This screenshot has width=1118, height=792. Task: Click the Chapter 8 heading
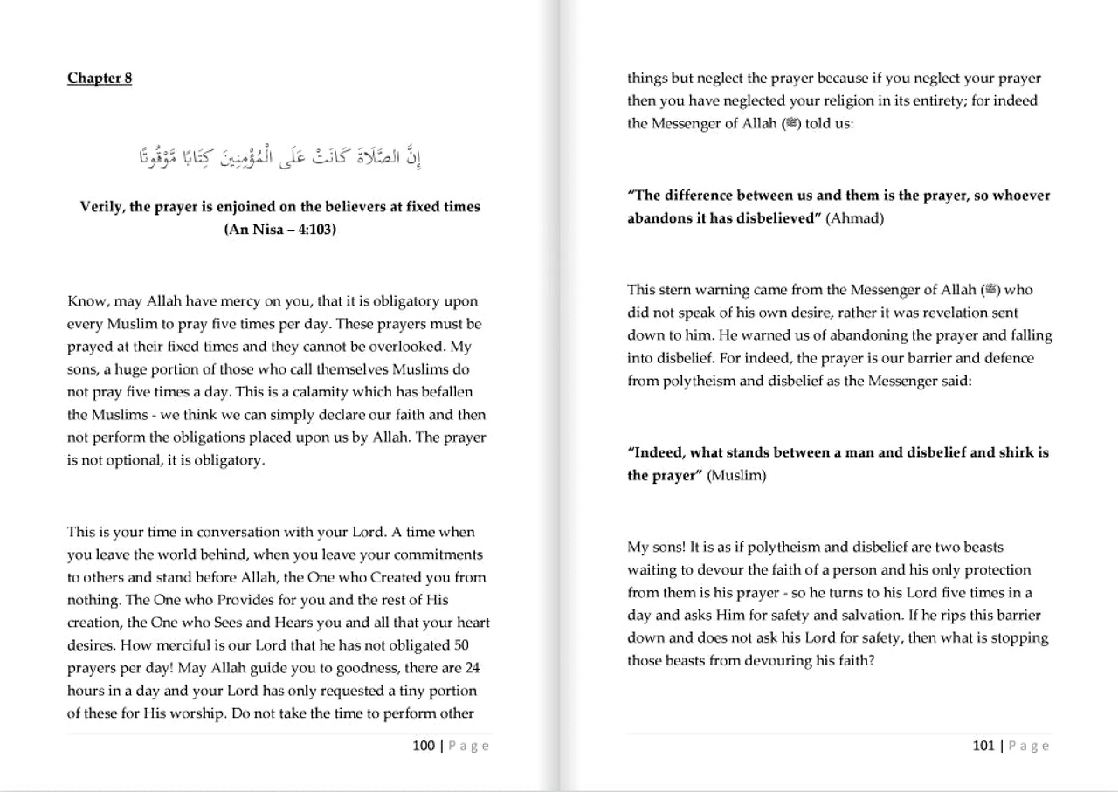click(100, 78)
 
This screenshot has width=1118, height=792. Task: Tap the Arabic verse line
click(279, 158)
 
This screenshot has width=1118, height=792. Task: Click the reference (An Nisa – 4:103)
click(279, 230)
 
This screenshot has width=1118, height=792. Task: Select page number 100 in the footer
click(424, 746)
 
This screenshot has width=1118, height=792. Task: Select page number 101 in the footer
click(983, 746)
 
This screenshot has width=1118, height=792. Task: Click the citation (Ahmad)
click(854, 218)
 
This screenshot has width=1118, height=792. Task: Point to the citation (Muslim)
click(736, 476)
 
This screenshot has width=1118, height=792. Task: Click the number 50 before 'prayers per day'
click(464, 646)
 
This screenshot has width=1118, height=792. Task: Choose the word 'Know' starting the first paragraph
click(86, 302)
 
